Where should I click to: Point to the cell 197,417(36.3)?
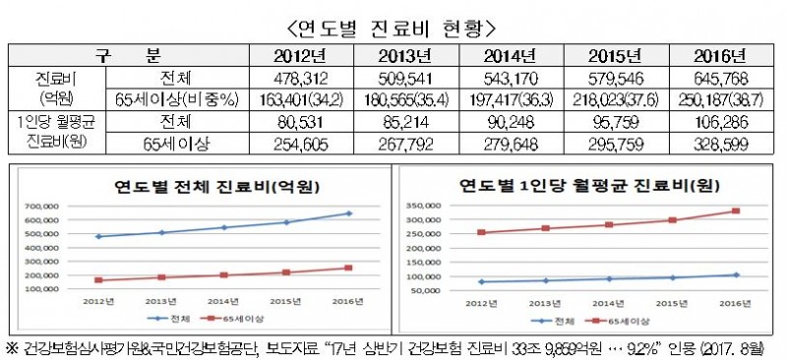point(509,98)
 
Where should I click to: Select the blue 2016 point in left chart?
point(349,213)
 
